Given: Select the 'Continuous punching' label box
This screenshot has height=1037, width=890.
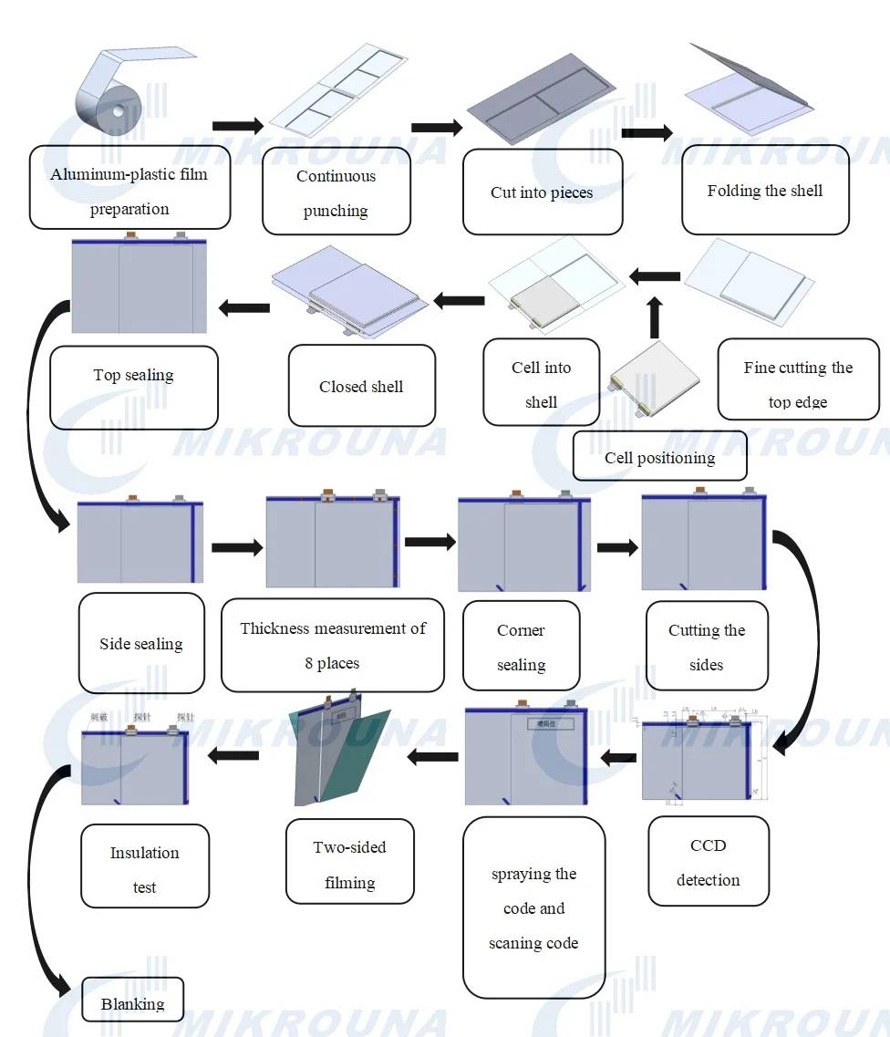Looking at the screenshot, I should (x=336, y=192).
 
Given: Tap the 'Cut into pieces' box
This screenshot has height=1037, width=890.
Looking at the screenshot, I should (x=542, y=192).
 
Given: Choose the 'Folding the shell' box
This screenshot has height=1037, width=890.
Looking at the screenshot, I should (x=765, y=191).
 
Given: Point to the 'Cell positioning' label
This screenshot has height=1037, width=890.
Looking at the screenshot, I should (x=659, y=457).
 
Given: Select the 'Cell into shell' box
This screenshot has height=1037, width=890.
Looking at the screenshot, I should (x=541, y=383).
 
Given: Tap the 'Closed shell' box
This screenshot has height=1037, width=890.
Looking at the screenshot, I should (x=361, y=386).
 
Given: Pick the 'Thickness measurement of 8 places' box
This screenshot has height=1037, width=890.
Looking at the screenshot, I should (x=332, y=645).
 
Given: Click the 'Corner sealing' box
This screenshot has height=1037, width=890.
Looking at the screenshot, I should (x=521, y=646).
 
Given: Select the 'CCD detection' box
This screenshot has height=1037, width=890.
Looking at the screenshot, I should (x=708, y=861).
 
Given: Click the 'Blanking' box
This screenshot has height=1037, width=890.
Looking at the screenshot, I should (x=132, y=1002).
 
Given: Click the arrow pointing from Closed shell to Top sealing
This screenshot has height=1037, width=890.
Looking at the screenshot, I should (x=243, y=307).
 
